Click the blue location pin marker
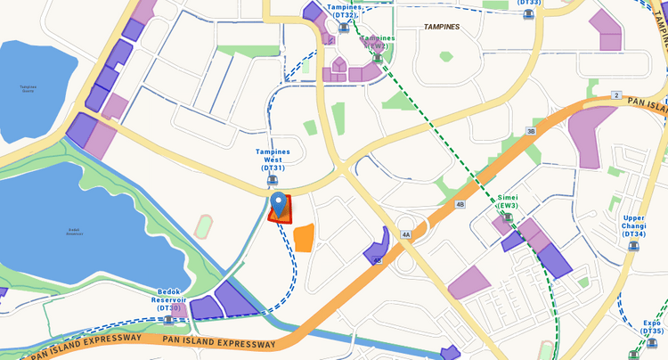tap(280, 205)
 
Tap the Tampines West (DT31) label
tap(273, 160)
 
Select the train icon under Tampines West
tap(273, 180)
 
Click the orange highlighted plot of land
tap(304, 238)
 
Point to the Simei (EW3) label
tap(508, 200)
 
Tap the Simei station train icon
tap(508, 217)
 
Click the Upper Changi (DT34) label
tap(633, 225)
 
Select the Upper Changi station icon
tap(633, 246)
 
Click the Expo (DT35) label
tap(652, 327)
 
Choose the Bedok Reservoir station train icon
tap(169, 319)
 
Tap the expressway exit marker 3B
tap(531, 131)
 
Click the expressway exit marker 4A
tap(406, 235)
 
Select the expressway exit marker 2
tap(615, 95)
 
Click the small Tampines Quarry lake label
tap(29, 87)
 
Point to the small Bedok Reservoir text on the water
tap(74, 231)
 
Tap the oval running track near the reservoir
tap(205, 222)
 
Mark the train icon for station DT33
tap(528, 14)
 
